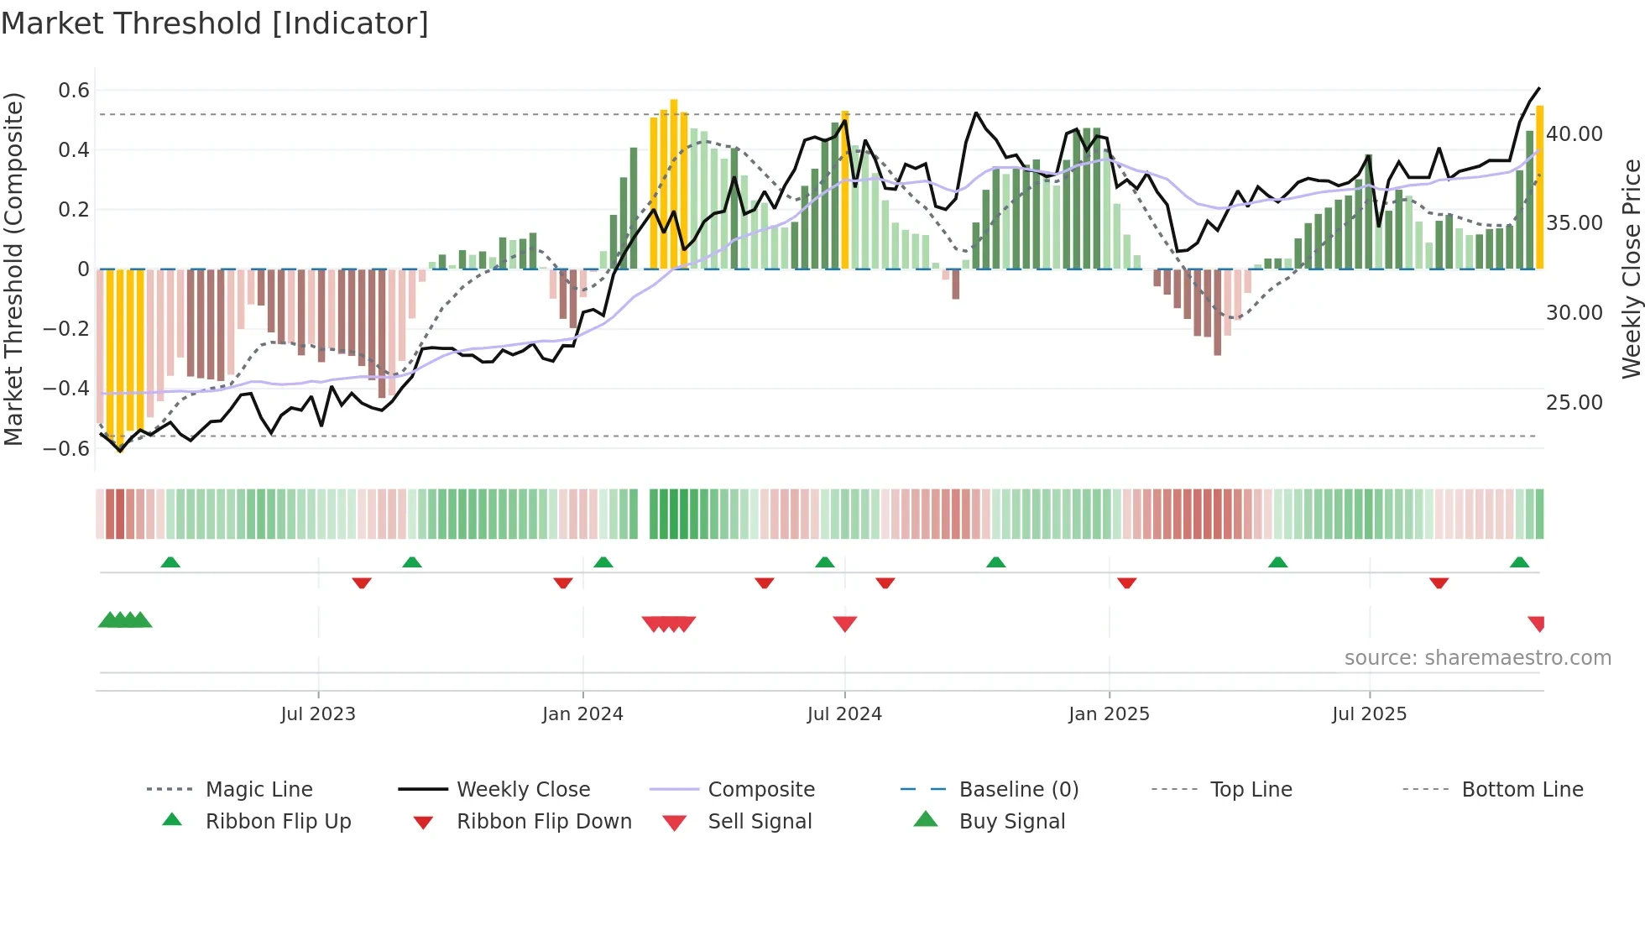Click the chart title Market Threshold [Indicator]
click(x=215, y=24)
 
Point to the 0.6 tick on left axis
click(x=74, y=91)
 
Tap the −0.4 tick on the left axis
click(x=67, y=388)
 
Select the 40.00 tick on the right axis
click(x=1574, y=134)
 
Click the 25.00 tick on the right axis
click(x=1574, y=403)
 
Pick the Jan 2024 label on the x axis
click(x=582, y=714)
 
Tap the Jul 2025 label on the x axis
click(x=1369, y=714)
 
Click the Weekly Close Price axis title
click(x=1631, y=269)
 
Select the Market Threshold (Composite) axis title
click(x=13, y=269)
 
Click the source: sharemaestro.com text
click(x=1477, y=658)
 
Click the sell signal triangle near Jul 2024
click(x=845, y=624)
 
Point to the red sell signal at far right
click(x=1537, y=624)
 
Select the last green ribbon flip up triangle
click(x=1519, y=562)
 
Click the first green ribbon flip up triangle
click(x=170, y=562)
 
